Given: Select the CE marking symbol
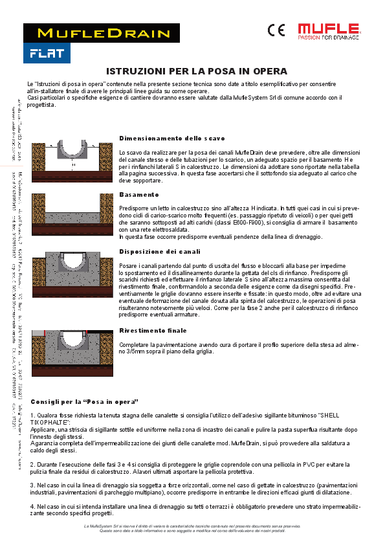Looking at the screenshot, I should click(x=276, y=30).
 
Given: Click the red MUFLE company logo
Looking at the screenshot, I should click(x=328, y=30).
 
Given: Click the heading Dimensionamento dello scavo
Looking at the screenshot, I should click(x=172, y=139).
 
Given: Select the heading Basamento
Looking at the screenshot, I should click(x=139, y=194).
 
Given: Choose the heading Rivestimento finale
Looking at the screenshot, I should click(x=153, y=331).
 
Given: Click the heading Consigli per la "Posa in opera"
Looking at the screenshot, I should click(x=85, y=402).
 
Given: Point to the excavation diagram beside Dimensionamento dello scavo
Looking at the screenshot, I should click(x=71, y=157).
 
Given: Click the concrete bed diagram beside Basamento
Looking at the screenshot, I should click(x=71, y=209).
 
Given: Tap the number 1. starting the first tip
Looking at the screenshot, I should click(x=32, y=415).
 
